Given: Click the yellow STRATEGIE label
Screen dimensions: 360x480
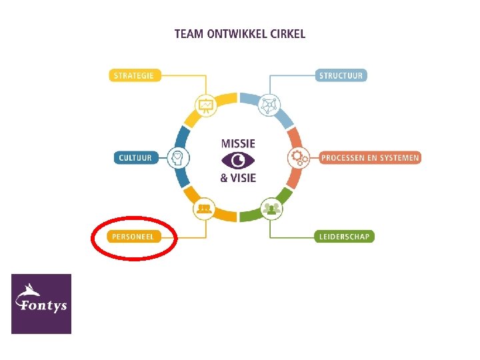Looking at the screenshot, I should (x=133, y=75).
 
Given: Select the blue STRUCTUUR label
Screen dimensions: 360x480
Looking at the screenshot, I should (x=341, y=75).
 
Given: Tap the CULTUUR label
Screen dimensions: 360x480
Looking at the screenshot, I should (x=135, y=158).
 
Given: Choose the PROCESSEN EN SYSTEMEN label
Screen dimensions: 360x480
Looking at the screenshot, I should (x=370, y=158).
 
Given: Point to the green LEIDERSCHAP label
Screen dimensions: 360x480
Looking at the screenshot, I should (x=344, y=236).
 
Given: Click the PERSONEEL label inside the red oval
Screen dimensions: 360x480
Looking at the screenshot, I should (x=133, y=237).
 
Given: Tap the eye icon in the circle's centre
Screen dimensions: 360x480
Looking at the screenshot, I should (x=238, y=160).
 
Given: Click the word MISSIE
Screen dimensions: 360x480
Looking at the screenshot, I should (x=238, y=143).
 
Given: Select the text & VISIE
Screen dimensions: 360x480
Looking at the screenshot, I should (x=238, y=177).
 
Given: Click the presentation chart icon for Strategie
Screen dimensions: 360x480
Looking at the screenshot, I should (x=205, y=105).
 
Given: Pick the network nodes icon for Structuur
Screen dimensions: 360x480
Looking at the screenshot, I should (x=270, y=104).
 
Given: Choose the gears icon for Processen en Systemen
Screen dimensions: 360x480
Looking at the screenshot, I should (x=297, y=158).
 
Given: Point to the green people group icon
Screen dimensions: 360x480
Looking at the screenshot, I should (x=271, y=209).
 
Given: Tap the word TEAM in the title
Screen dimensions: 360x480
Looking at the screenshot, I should (x=189, y=33).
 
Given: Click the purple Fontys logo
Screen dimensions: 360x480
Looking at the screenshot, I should (x=41, y=303).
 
